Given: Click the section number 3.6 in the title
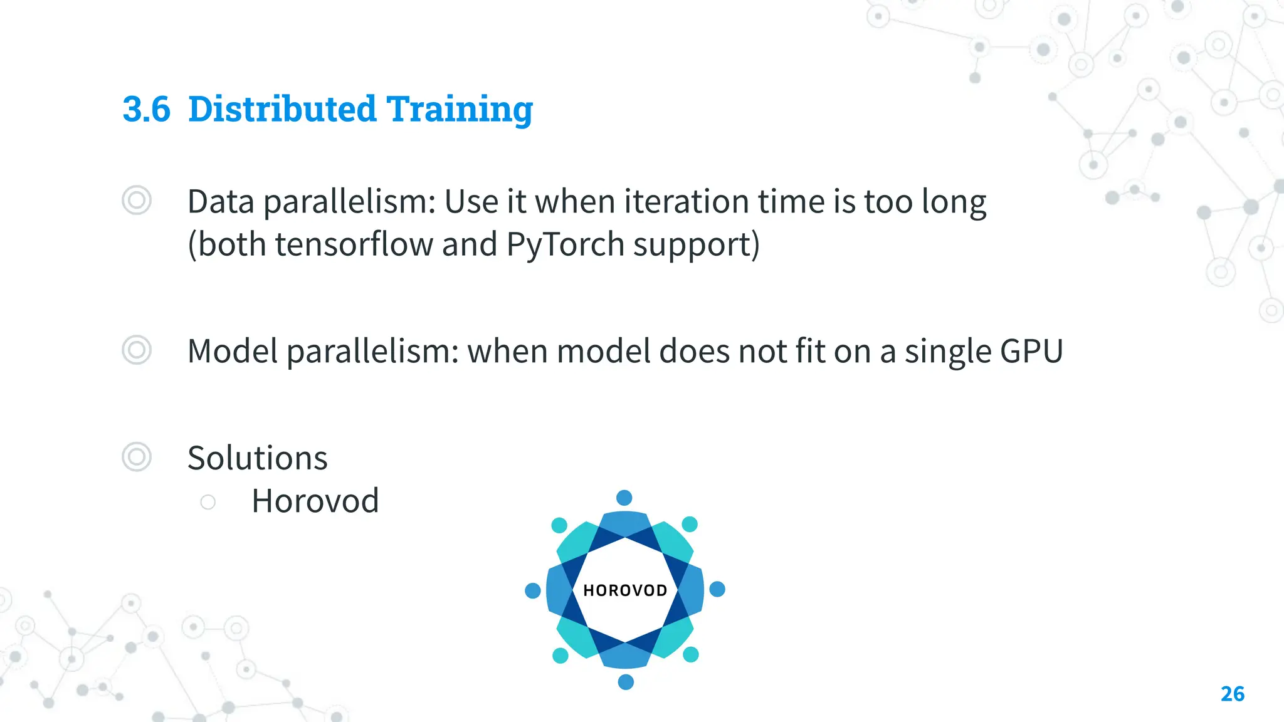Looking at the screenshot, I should point(146,109).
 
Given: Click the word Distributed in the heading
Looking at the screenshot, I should point(282,109).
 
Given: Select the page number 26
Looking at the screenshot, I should point(1232,694).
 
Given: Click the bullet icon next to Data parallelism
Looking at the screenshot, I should point(137,201).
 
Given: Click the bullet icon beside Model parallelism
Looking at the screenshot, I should point(137,350).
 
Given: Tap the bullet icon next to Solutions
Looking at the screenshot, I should point(137,457).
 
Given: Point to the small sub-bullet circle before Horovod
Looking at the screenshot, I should point(208,502).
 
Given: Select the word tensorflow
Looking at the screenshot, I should point(354,244).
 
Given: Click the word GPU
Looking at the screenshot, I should point(1031,351).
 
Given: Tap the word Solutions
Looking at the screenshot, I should point(257,458).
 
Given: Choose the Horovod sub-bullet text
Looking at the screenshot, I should point(315,501).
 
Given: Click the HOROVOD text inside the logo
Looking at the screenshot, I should point(625,590).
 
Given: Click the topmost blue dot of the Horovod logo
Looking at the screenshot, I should point(624,498).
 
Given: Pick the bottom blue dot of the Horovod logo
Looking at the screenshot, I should point(626,682).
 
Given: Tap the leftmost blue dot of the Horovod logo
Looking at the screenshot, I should point(532,590).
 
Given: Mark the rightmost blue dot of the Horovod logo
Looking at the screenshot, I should point(717,589).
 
